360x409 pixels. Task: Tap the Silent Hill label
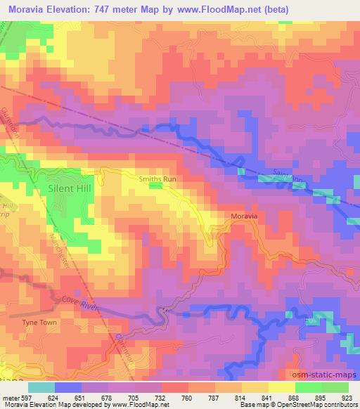(x=69, y=188)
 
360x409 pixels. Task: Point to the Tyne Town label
(x=41, y=322)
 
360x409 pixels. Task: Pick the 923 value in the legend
(x=347, y=397)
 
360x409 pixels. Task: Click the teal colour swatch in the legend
(x=42, y=387)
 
